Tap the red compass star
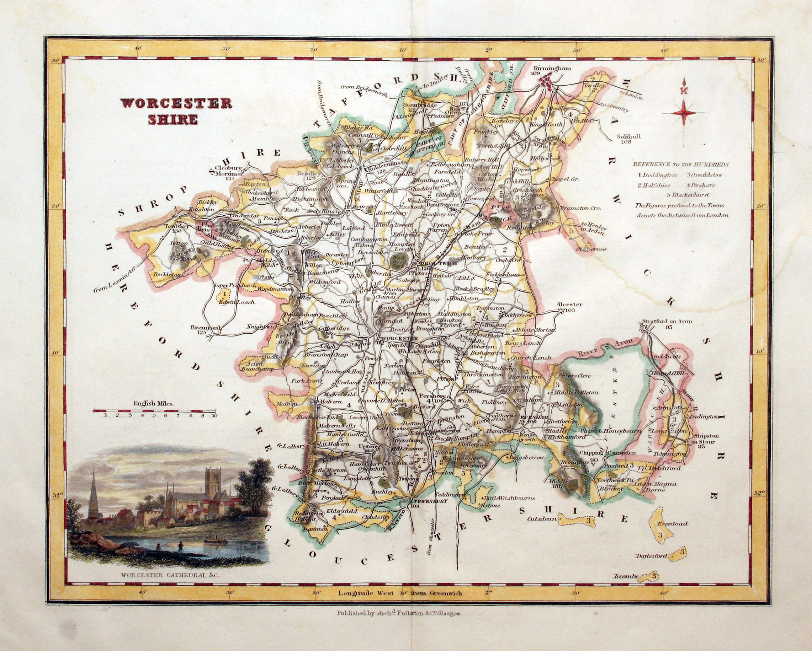point(683,113)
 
